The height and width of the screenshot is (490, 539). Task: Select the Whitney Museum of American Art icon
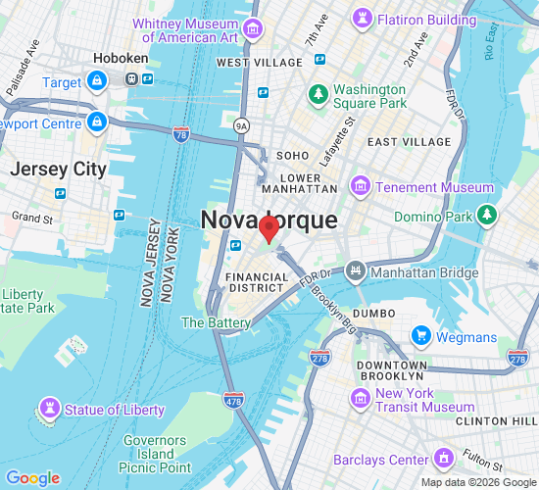254,28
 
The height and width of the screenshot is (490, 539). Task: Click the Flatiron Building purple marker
364,19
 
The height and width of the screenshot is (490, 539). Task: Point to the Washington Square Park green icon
318,94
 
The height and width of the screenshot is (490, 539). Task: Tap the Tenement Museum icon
361,186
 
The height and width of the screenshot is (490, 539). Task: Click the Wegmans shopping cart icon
422,336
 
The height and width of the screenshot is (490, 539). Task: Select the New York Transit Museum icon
360,399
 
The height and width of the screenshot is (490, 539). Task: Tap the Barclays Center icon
444,459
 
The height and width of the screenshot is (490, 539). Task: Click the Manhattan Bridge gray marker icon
354,268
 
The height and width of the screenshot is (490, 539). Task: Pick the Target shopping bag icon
97,83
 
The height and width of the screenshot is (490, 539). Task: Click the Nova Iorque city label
269,220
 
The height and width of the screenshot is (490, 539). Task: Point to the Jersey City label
58,169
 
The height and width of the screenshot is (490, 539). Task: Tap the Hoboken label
121,58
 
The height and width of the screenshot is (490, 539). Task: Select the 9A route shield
242,124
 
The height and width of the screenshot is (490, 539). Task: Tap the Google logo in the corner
32,477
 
